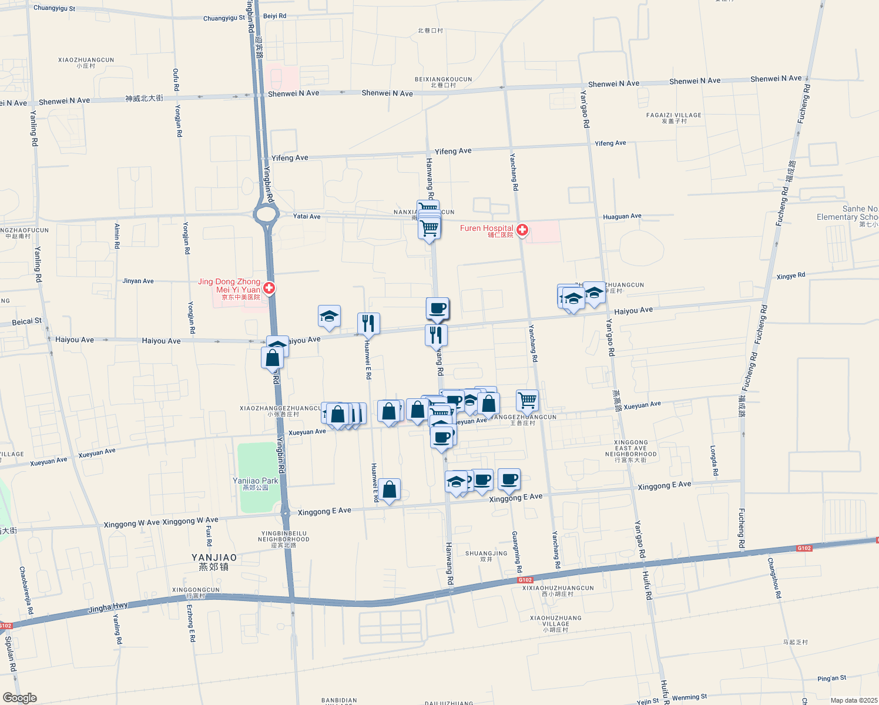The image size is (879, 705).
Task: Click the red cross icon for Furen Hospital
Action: (522, 230)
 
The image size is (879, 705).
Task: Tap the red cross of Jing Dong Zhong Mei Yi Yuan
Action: (269, 288)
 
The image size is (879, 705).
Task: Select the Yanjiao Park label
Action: (255, 481)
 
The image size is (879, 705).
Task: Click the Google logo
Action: (19, 698)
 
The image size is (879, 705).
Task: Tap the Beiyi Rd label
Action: (274, 16)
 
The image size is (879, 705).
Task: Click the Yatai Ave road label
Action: (307, 216)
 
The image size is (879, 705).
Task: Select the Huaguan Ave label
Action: (622, 217)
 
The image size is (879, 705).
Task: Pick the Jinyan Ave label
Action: (138, 281)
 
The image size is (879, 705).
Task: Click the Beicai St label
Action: (27, 322)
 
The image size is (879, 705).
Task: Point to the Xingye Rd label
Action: (790, 276)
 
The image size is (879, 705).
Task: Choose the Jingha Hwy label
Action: (108, 607)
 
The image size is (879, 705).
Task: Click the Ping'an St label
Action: (831, 679)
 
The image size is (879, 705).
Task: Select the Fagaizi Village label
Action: (673, 115)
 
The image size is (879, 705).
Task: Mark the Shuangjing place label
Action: (486, 553)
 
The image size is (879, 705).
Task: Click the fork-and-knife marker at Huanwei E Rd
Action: (368, 323)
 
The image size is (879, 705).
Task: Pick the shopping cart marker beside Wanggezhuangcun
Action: (527, 400)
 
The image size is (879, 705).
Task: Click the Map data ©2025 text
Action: (854, 700)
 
